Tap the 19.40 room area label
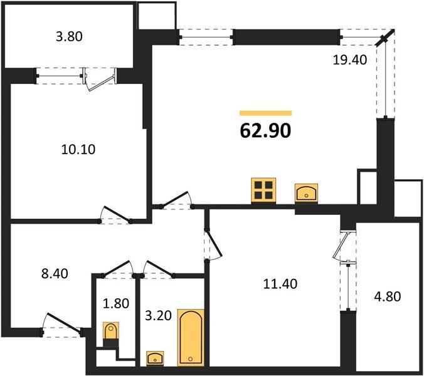click(x=349, y=61)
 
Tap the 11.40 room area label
click(x=280, y=283)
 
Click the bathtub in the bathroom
click(x=191, y=337)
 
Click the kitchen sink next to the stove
click(x=306, y=191)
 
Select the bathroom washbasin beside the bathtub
click(x=155, y=358)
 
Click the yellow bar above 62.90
click(x=265, y=113)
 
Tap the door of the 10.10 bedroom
click(x=115, y=216)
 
